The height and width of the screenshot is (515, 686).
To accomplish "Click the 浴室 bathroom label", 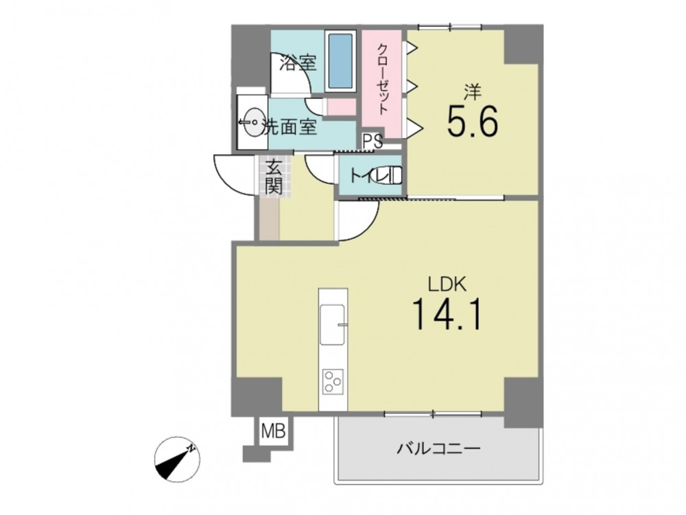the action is pyautogui.click(x=298, y=63).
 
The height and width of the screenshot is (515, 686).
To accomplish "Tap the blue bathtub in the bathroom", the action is pyautogui.click(x=340, y=60).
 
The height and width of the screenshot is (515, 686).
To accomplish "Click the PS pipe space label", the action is pyautogui.click(x=372, y=141).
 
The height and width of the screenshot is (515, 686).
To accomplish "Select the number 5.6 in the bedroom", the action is pyautogui.click(x=472, y=122).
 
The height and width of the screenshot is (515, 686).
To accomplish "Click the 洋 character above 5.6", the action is pyautogui.click(x=473, y=92).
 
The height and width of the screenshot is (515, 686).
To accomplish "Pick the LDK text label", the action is pyautogui.click(x=447, y=285).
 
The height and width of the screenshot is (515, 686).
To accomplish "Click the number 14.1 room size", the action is pyautogui.click(x=447, y=314).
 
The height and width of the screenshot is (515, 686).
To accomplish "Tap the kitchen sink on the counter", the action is pyautogui.click(x=333, y=324).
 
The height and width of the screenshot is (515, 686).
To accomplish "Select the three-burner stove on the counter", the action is pyautogui.click(x=333, y=381).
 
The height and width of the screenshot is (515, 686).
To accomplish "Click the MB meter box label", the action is pyautogui.click(x=274, y=431).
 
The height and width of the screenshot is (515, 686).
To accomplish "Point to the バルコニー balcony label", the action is pyautogui.click(x=438, y=448).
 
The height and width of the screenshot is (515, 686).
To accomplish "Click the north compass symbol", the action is pyautogui.click(x=177, y=459).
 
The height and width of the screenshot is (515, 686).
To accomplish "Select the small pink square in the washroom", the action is pyautogui.click(x=342, y=107).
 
